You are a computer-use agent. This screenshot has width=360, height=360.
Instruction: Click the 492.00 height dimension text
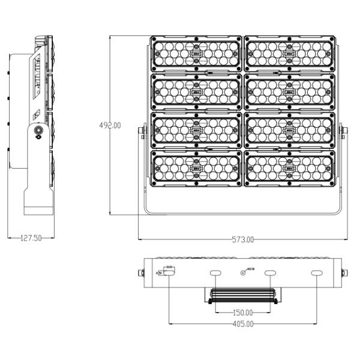pos(110,125)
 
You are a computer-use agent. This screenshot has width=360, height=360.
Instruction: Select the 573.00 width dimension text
pos(243,239)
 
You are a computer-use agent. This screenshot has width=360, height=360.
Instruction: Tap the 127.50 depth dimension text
pos(31,238)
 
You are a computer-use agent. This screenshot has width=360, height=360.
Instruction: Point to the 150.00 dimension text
pos(242,313)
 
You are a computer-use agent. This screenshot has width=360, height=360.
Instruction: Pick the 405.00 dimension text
pos(242,324)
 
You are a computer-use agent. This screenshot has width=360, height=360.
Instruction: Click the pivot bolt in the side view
pos(39,131)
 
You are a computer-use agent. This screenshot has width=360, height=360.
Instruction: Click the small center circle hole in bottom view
pos(242,273)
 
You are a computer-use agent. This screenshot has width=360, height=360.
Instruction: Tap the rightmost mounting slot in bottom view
pos(316,274)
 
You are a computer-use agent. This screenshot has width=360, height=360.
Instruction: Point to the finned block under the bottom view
pos(242,295)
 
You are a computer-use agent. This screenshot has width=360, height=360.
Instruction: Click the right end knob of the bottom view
pos(344,273)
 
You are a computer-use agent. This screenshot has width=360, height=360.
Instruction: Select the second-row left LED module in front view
pos(196,92)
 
